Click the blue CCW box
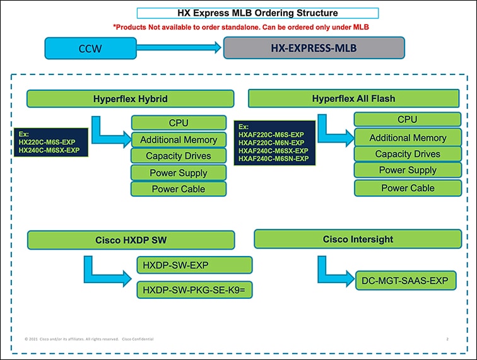(90, 49)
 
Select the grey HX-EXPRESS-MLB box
(314, 48)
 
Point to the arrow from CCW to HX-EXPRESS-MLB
(179, 47)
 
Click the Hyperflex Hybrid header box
(130, 99)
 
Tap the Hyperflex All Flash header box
(353, 98)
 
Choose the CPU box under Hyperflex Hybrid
(179, 122)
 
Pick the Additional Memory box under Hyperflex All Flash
(407, 137)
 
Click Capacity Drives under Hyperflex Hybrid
(179, 156)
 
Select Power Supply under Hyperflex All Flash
(407, 170)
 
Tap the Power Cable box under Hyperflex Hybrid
(179, 189)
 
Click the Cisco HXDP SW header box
(131, 240)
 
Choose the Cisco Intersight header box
(358, 239)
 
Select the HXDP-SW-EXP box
(194, 265)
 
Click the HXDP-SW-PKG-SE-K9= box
(194, 290)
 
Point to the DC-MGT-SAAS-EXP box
(404, 281)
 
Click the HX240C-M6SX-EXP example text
(49, 150)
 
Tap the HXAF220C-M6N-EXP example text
(271, 143)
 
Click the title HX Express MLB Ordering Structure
(257, 13)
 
